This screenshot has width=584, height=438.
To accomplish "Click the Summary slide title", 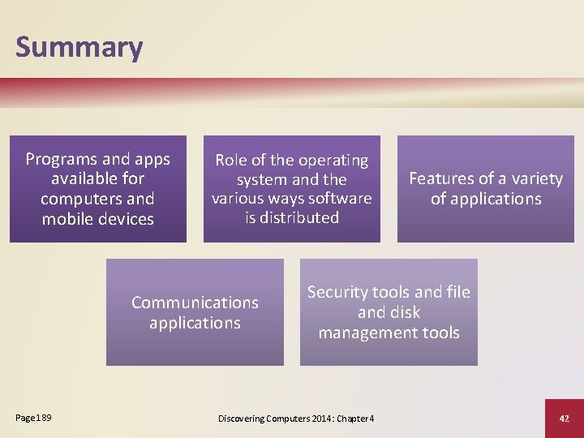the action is click(79, 47).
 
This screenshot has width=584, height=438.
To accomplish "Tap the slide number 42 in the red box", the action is click(565, 418).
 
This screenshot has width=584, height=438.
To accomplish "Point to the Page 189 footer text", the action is click(33, 418).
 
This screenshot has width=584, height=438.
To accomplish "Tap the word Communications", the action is click(195, 303).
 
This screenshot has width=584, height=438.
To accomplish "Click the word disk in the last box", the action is click(405, 312).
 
